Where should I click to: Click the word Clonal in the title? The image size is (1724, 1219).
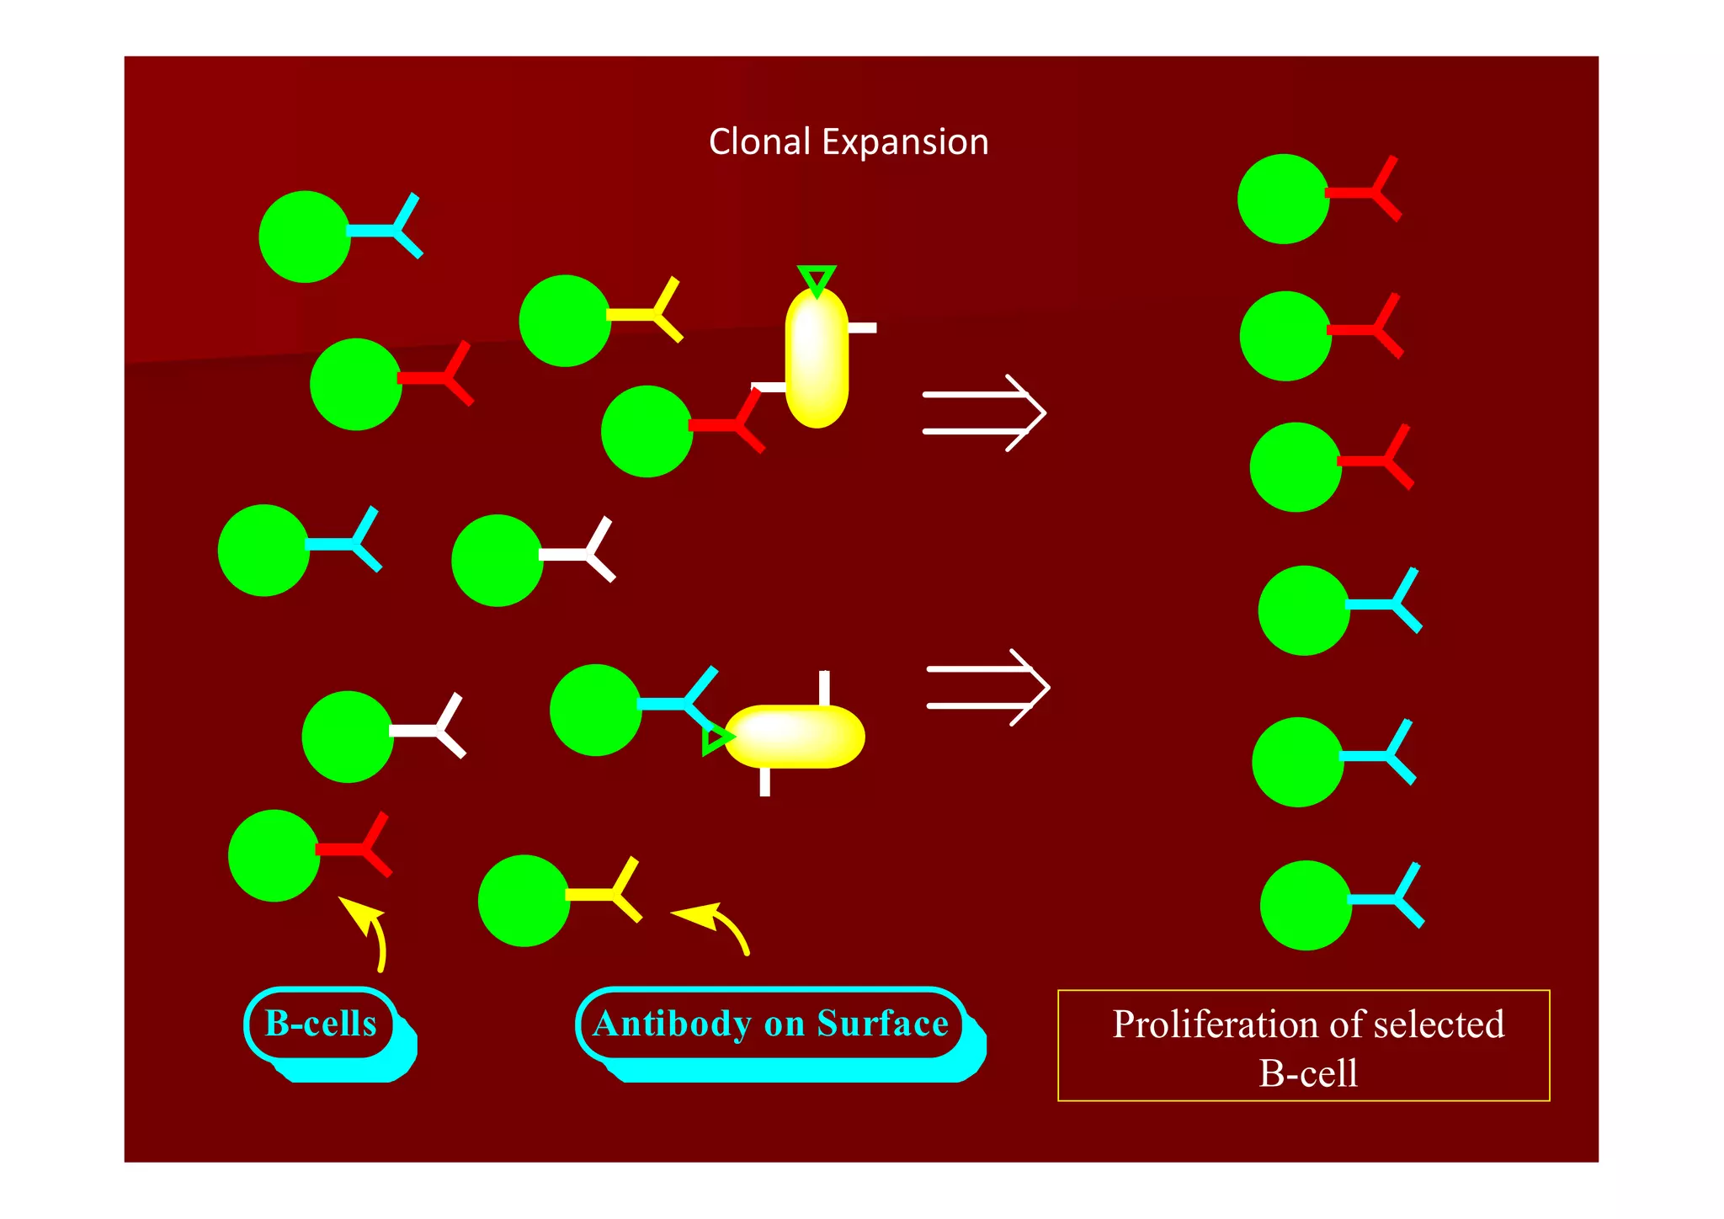(x=760, y=141)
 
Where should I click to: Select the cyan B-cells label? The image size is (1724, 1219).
(x=321, y=1024)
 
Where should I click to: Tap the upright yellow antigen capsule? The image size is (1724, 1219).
(x=817, y=357)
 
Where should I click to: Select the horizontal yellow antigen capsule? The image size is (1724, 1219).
(x=795, y=737)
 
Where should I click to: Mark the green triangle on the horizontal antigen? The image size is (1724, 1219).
(x=717, y=739)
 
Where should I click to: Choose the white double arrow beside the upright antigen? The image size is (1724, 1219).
(x=984, y=413)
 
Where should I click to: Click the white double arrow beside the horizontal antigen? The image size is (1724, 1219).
(x=988, y=687)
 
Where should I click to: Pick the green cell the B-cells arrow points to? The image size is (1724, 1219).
(x=274, y=855)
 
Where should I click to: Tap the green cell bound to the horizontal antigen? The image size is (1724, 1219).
(x=596, y=711)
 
